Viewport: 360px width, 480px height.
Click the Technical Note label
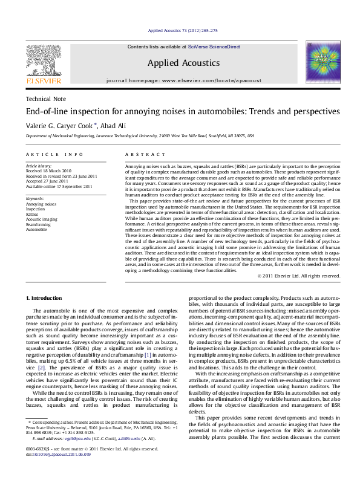(46, 99)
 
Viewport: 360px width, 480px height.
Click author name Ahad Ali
(109, 125)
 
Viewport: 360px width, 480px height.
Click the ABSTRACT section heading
(140, 155)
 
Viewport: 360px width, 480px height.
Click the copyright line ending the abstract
(298, 276)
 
